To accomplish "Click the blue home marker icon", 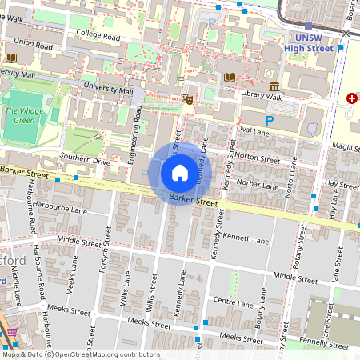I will click(180, 173).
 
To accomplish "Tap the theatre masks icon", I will click(188, 99).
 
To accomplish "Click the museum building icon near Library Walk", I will click(274, 86).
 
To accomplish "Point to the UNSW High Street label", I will click(309, 42).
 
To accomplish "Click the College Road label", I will click(98, 37).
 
